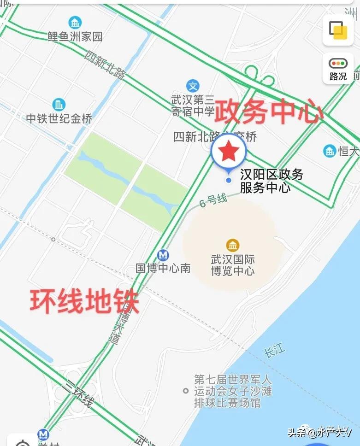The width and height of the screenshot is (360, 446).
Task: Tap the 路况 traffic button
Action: point(338,69)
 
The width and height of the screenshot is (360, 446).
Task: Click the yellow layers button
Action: point(338,30)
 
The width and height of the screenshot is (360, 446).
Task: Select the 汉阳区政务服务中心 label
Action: point(271,181)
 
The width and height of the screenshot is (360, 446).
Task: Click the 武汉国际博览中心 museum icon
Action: point(232,245)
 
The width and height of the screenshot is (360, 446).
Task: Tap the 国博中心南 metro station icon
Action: point(162,255)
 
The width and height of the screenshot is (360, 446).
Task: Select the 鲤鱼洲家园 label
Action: point(75,36)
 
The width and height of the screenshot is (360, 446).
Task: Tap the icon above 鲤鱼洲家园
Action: point(75,22)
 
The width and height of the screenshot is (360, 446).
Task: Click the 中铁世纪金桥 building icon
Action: point(59,104)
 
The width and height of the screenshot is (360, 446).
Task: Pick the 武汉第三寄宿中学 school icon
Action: point(193,86)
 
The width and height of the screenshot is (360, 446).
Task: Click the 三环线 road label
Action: point(79,393)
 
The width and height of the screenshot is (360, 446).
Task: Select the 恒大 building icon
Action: point(329,151)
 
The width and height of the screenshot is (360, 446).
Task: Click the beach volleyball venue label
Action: point(233,391)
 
